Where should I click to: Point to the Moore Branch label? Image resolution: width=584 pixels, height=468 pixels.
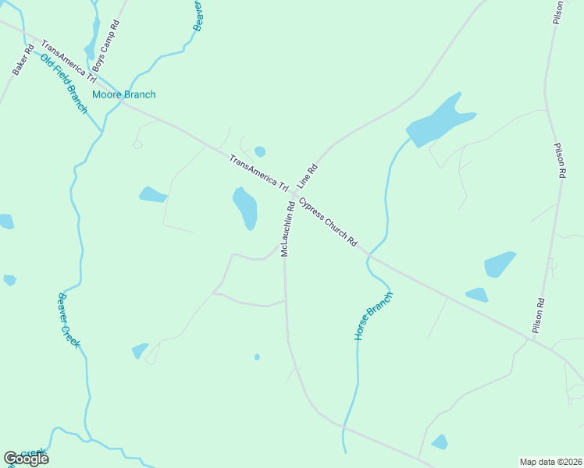click(123, 94)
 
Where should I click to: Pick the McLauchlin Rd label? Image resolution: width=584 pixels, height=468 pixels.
click(287, 229)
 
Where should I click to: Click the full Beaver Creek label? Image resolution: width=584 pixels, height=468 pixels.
click(68, 320)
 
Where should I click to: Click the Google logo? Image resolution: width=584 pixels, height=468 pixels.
click(26, 459)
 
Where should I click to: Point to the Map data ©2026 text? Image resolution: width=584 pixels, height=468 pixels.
click(550, 462)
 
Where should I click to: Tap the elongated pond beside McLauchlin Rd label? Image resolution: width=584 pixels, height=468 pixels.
click(245, 207)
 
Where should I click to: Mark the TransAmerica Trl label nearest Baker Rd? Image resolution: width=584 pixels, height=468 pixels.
click(68, 62)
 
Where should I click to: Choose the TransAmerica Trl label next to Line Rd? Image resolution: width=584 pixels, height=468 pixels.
click(259, 173)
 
